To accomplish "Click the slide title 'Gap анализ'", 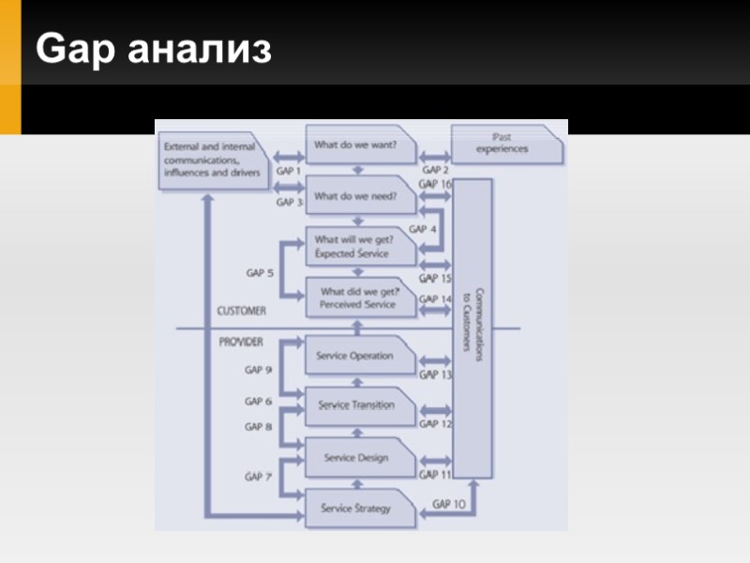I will point(154,50).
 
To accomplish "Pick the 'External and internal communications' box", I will point(213,160).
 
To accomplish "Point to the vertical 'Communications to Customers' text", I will point(472,319).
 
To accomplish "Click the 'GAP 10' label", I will point(448,504).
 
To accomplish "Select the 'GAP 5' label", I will point(260,273).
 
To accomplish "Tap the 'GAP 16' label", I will point(434,185).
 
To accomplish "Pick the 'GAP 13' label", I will point(434,374).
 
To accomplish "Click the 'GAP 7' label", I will point(259,477).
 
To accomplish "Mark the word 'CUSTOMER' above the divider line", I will point(241,311).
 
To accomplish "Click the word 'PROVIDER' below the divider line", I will point(241,342).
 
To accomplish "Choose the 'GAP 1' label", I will point(289,172).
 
